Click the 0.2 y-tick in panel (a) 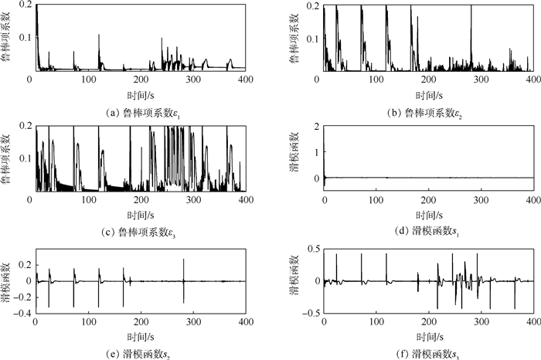click(x=19, y=6)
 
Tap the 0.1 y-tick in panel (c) click(x=19, y=158)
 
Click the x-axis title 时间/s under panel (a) click(x=137, y=93)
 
